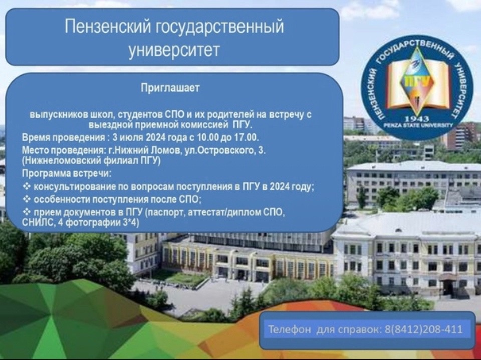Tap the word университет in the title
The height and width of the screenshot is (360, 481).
tap(174, 50)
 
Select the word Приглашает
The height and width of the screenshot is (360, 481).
tap(170, 88)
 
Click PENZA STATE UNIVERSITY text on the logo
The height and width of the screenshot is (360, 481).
tap(418, 125)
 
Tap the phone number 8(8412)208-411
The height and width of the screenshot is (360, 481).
tap(423, 329)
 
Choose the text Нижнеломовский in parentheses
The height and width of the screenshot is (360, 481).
tap(61, 161)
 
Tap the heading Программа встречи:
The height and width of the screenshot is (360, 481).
tap(67, 173)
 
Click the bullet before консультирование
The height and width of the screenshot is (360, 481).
tap(27, 187)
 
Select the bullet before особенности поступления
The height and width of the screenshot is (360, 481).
tap(27, 199)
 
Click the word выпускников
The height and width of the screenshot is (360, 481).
tap(58, 115)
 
